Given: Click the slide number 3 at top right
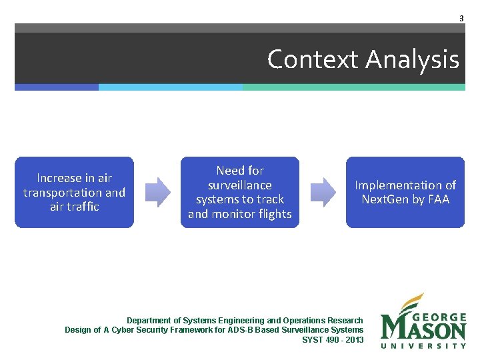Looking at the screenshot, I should coord(461,19).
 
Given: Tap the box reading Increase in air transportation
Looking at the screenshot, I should coord(74,192).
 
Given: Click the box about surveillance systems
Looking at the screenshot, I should coord(240,192).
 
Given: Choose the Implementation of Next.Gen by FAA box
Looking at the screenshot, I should coord(405,192).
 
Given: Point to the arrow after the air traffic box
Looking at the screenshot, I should coord(157,192).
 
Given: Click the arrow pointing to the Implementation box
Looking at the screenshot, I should coord(323,192).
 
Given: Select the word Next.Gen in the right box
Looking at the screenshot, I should coord(385,199).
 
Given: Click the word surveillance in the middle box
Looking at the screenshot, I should coord(240,185).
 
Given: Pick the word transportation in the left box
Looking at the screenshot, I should coord(63,192).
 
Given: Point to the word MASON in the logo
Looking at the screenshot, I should coord(423,329).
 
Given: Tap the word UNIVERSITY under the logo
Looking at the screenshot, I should coord(423,345).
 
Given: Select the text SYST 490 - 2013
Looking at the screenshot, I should coord(333,339).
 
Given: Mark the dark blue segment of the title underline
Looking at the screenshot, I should coord(57,87).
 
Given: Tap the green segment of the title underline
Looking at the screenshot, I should coord(353,87).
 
